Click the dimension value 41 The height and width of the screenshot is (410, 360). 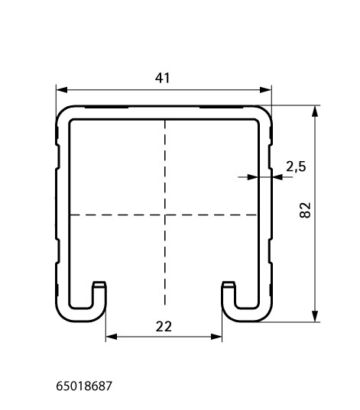162,78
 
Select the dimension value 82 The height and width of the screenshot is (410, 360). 305,210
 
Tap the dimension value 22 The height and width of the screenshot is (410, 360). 164,327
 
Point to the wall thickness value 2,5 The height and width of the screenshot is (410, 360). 296,166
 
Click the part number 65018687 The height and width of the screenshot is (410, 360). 84,386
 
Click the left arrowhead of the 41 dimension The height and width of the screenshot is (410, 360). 62,90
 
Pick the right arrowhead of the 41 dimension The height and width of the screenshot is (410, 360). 265,90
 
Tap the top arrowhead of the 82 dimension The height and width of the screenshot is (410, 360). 315,111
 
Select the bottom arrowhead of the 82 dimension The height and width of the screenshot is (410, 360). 315,316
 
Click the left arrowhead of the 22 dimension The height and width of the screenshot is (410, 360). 112,337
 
